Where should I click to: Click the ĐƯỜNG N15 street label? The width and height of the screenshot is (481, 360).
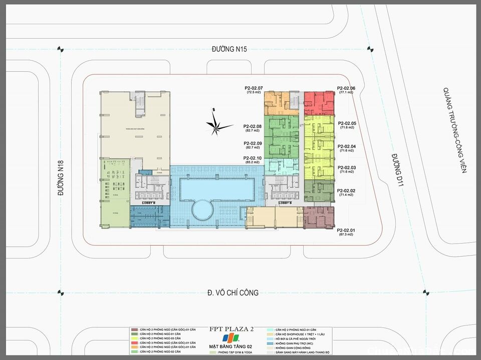pos(230,49)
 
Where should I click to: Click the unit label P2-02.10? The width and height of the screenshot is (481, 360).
pos(253,158)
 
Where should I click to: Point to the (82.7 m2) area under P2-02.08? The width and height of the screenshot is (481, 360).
pos(252,131)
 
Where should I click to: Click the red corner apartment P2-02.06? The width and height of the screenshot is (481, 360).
pos(319,103)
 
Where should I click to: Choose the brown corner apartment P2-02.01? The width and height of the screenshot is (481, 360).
pos(319,217)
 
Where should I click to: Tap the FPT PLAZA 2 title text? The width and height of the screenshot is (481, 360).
pos(231,329)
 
